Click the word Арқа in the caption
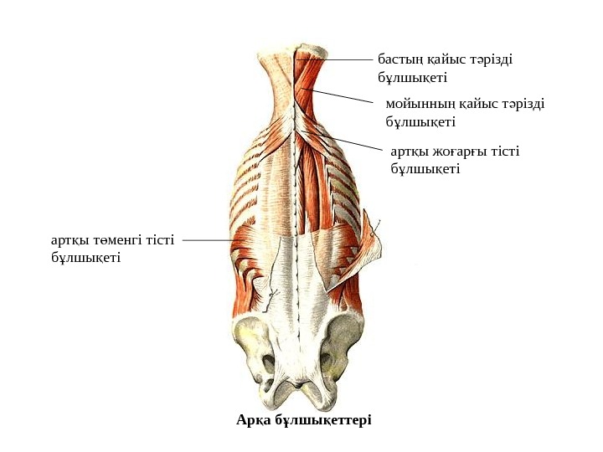[255, 419]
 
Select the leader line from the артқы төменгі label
[208, 240]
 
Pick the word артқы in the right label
[409, 152]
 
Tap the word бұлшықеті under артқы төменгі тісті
[85, 257]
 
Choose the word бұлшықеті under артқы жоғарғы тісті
[425, 168]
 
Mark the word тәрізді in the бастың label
[490, 60]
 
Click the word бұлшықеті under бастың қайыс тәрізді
[412, 77]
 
